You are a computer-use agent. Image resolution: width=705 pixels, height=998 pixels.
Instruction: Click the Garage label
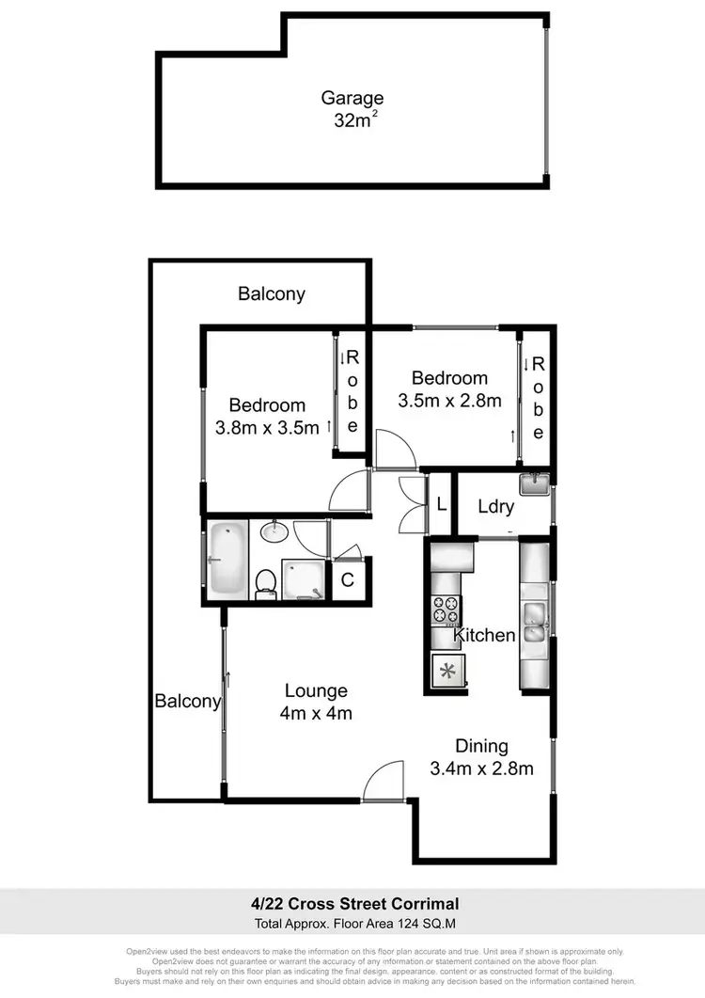click(x=352, y=98)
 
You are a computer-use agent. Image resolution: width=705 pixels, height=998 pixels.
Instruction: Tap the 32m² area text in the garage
click(x=352, y=120)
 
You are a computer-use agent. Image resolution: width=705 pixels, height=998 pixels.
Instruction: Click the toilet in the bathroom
click(x=266, y=582)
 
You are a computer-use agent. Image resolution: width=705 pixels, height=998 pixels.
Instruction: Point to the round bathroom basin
click(x=274, y=532)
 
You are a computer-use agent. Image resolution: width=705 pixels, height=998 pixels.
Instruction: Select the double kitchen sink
click(x=533, y=622)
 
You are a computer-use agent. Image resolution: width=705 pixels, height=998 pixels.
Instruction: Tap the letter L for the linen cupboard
click(x=441, y=503)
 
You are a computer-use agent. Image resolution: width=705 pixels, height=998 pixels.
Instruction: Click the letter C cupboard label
click(x=347, y=580)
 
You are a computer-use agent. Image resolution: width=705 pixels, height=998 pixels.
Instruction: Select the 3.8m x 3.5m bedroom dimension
click(x=267, y=428)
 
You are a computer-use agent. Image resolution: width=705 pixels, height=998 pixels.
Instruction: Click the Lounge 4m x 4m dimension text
click(x=316, y=713)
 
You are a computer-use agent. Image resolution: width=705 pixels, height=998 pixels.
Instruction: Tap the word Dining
click(x=481, y=746)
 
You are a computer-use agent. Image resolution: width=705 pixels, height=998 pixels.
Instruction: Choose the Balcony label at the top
click(x=272, y=293)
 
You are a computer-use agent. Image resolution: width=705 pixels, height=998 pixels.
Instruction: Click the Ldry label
click(x=495, y=507)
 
